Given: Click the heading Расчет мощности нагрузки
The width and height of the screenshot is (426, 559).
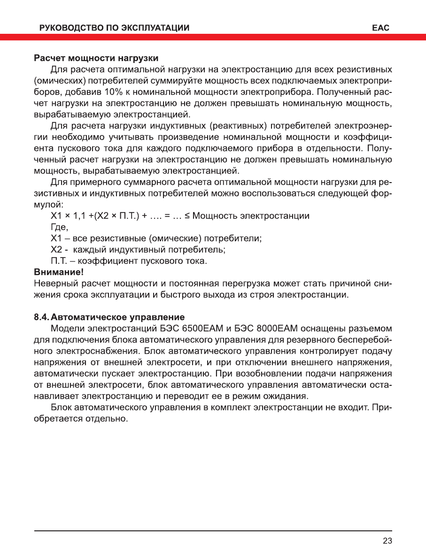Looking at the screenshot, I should (x=96, y=58).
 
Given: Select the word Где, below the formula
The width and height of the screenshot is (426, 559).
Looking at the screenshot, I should (x=59, y=227).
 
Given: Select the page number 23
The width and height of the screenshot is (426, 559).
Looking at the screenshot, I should (x=387, y=541).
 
